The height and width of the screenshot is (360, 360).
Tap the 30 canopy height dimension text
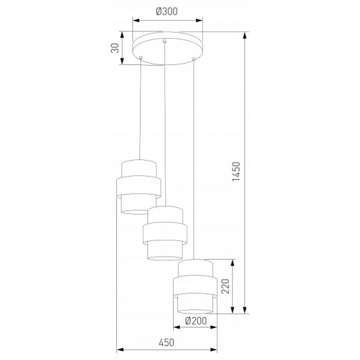point(116,48)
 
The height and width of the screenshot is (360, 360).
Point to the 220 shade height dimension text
point(223,285)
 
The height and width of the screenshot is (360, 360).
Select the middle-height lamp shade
point(165,233)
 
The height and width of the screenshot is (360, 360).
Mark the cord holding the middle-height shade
point(165,125)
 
